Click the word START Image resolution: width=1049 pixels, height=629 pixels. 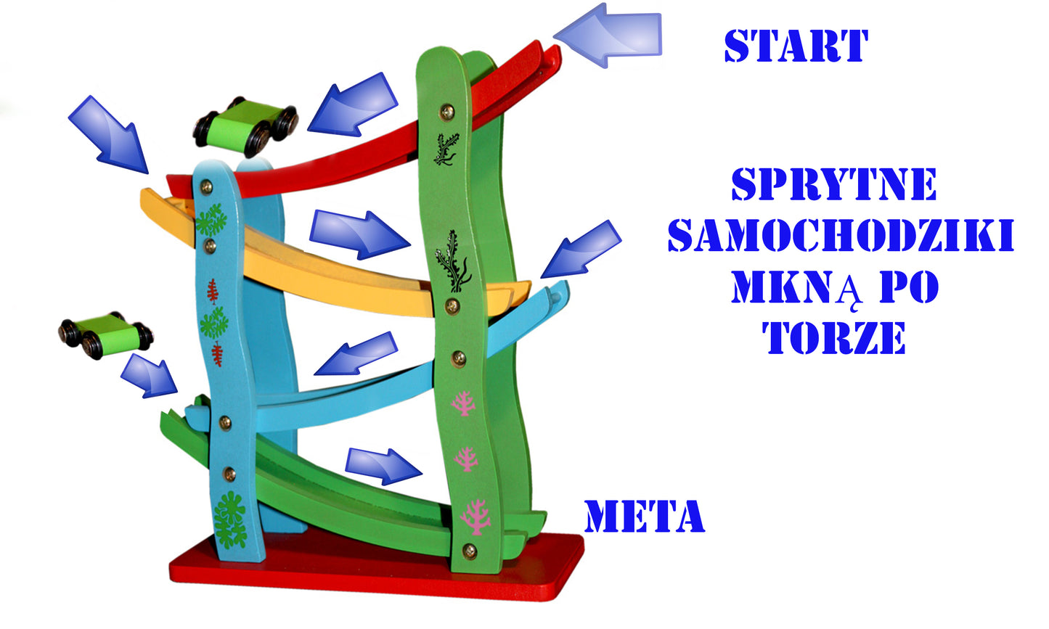[x=796, y=46]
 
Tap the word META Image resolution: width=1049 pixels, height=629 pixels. [x=644, y=517]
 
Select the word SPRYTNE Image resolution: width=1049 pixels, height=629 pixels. [x=833, y=185]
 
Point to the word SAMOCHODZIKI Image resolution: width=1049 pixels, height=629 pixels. [x=840, y=236]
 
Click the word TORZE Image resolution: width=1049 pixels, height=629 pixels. [x=833, y=337]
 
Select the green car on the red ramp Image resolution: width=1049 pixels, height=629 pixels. [x=246, y=126]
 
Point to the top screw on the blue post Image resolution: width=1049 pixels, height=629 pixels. [x=206, y=186]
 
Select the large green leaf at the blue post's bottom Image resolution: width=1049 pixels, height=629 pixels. [x=230, y=519]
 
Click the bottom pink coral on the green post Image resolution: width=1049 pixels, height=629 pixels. [x=475, y=517]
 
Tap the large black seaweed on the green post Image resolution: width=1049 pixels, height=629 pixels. [x=453, y=260]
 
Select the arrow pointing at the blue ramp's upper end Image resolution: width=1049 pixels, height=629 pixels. [x=581, y=249]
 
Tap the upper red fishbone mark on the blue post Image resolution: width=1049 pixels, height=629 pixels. [x=213, y=290]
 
